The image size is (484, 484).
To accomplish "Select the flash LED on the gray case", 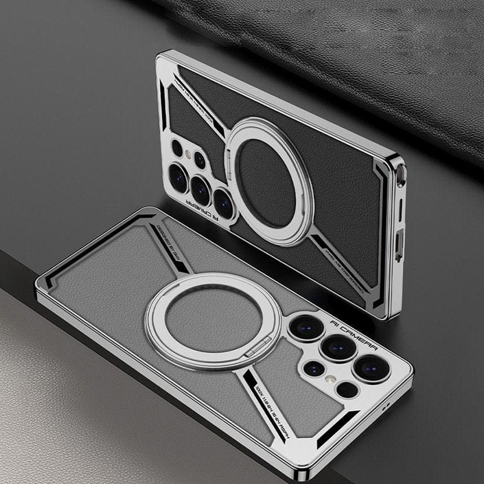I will click(330, 379).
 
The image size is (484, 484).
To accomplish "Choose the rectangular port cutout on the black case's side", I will click(399, 243).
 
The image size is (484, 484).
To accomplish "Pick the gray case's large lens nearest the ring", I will click(306, 327).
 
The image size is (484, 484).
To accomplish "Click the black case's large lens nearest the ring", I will click(223, 203).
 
